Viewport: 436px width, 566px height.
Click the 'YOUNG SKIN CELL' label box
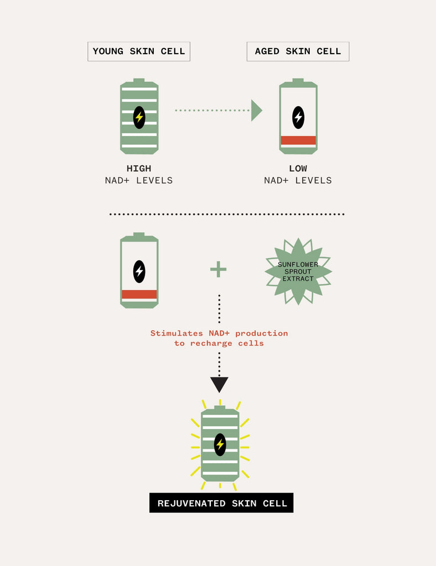click(x=139, y=51)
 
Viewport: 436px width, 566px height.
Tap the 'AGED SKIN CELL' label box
click(x=298, y=51)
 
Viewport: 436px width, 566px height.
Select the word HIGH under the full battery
click(x=139, y=169)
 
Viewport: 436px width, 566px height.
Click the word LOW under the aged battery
click(x=298, y=169)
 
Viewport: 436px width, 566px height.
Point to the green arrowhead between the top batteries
click(x=256, y=111)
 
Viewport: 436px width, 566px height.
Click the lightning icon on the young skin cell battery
click(x=139, y=117)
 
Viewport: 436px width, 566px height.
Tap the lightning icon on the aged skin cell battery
click(x=298, y=117)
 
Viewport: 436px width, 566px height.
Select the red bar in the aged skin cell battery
click(x=298, y=140)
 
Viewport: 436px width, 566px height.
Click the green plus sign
click(x=218, y=269)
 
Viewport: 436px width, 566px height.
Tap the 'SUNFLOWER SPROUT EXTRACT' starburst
click(x=298, y=271)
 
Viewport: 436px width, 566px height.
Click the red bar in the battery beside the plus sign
click(x=139, y=294)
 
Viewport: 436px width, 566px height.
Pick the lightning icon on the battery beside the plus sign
click(x=139, y=271)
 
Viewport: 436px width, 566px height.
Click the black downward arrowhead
click(x=219, y=385)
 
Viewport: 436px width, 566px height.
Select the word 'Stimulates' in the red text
click(x=177, y=333)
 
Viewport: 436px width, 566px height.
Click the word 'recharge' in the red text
click(x=211, y=343)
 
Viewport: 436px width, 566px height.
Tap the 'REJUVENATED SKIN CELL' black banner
click(x=221, y=503)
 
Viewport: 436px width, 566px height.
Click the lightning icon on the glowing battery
click(x=220, y=444)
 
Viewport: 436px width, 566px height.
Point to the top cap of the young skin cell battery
click(x=139, y=81)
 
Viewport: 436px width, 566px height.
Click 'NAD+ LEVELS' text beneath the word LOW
click(x=298, y=181)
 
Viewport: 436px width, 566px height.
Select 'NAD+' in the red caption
click(x=219, y=333)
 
